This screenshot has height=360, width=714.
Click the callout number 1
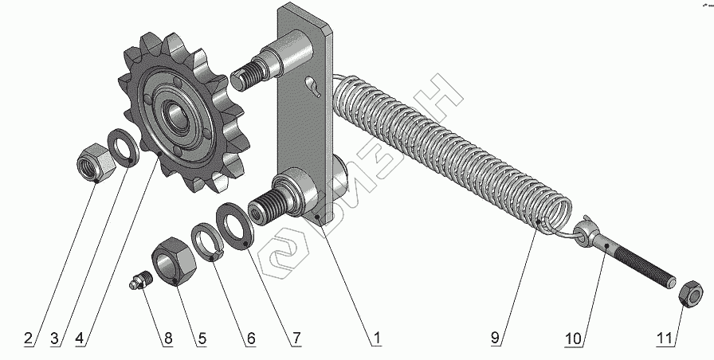(377, 338)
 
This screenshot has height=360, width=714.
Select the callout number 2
(28, 338)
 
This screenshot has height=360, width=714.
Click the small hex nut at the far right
(690, 294)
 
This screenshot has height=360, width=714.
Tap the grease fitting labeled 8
(139, 279)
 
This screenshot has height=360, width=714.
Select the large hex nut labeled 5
(174, 260)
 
